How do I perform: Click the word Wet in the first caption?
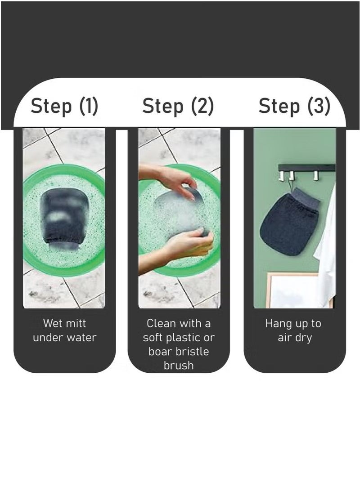click(x=53, y=323)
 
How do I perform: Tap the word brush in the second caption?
click(x=179, y=365)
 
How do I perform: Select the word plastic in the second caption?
click(x=183, y=338)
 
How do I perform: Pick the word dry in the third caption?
click(x=303, y=338)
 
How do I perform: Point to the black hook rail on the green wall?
click(x=307, y=168)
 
